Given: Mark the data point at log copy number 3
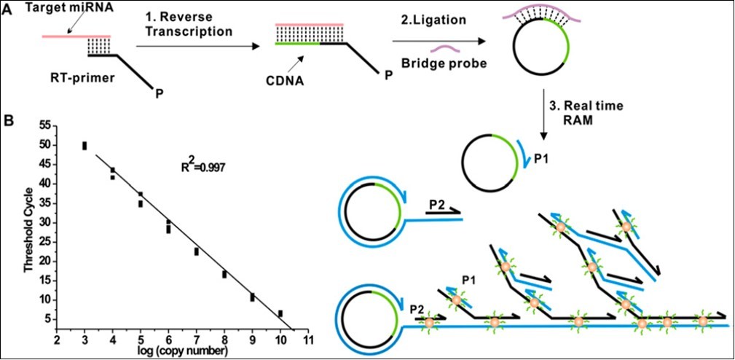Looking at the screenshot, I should tap(84, 146).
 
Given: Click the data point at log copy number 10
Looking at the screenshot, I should tap(280, 313).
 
